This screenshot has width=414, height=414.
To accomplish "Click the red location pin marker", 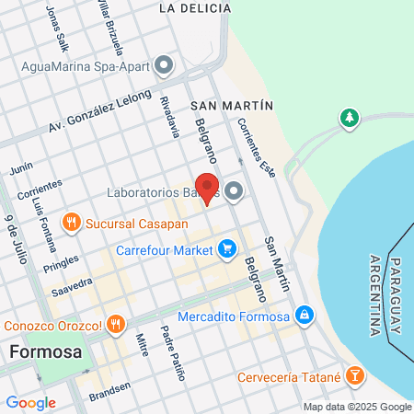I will pyautogui.click(x=207, y=187).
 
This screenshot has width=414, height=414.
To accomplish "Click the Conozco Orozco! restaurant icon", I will pyautogui.click(x=115, y=324).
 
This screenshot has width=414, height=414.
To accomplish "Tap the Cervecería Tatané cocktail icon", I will pyautogui.click(x=357, y=378).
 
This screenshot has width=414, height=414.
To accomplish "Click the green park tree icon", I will pyautogui.click(x=349, y=118).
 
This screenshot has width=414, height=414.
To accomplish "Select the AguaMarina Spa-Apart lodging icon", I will pyautogui.click(x=164, y=65).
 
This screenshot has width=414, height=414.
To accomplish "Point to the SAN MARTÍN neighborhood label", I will pyautogui.click(x=233, y=106).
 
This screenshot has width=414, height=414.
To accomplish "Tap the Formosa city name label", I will pyautogui.click(x=46, y=351).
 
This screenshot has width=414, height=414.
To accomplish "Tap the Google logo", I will pyautogui.click(x=30, y=403).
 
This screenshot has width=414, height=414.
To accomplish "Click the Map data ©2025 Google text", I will pyautogui.click(x=358, y=407).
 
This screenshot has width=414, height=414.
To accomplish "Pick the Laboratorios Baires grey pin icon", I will pyautogui.click(x=234, y=191).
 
